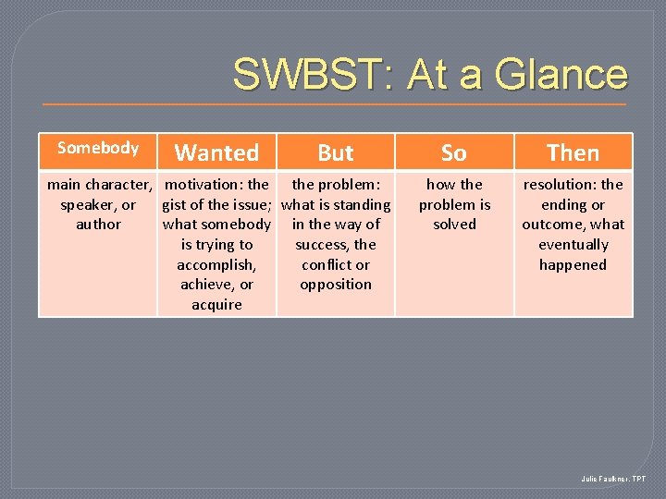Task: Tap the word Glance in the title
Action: [x=561, y=75]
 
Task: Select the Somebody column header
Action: [x=97, y=148]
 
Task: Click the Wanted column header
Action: [x=216, y=152]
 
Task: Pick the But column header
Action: [x=335, y=152]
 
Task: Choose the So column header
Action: [x=453, y=152]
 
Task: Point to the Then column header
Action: [x=573, y=152]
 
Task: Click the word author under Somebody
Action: [x=98, y=225]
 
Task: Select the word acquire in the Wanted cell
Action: [x=216, y=305]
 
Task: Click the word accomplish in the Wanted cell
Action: [x=216, y=265]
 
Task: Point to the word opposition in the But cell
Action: [x=335, y=285]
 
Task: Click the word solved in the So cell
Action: [x=454, y=225]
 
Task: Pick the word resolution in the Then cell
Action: [x=560, y=185]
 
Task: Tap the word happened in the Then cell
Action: [x=573, y=265]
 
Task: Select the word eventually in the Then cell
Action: [x=573, y=245]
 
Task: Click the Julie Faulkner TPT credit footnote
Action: [x=613, y=479]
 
